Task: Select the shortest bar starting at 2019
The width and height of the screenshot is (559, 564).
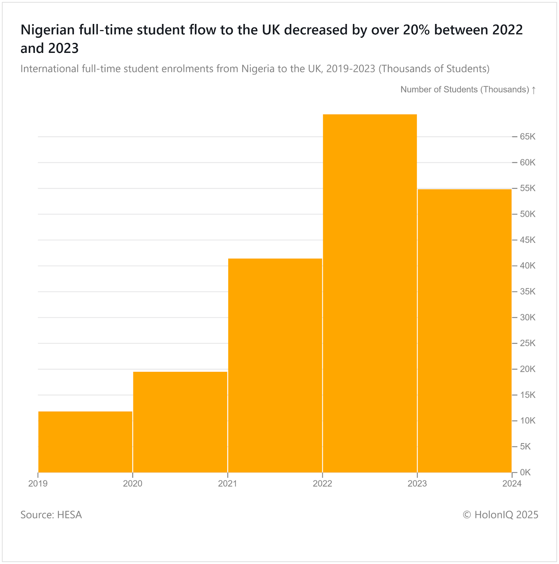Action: [x=85, y=442]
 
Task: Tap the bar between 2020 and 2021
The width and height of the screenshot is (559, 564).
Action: [x=180, y=422]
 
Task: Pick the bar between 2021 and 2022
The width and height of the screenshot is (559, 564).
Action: [x=275, y=365]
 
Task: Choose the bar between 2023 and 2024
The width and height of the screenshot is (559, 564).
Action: [x=464, y=331]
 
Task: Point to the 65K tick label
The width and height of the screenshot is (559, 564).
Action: [x=528, y=137]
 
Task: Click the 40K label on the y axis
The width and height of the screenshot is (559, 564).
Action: [x=528, y=266]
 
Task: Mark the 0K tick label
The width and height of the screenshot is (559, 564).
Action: [x=525, y=472]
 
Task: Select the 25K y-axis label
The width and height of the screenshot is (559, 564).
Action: [x=528, y=343]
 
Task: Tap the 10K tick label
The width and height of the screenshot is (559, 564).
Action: [x=528, y=421]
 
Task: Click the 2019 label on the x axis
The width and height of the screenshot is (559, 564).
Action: [x=38, y=484]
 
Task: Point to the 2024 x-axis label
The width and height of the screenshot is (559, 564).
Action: [x=512, y=484]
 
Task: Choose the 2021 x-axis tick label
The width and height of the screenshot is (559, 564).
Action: [x=227, y=484]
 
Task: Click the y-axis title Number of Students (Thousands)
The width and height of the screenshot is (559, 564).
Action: [x=464, y=90]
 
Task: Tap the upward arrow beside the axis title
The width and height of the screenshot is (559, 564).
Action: [x=534, y=90]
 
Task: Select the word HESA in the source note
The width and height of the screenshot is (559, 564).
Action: [x=69, y=515]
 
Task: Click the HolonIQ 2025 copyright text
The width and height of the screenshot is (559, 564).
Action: [x=500, y=515]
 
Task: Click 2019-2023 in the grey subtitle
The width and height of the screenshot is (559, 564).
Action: [x=351, y=68]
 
